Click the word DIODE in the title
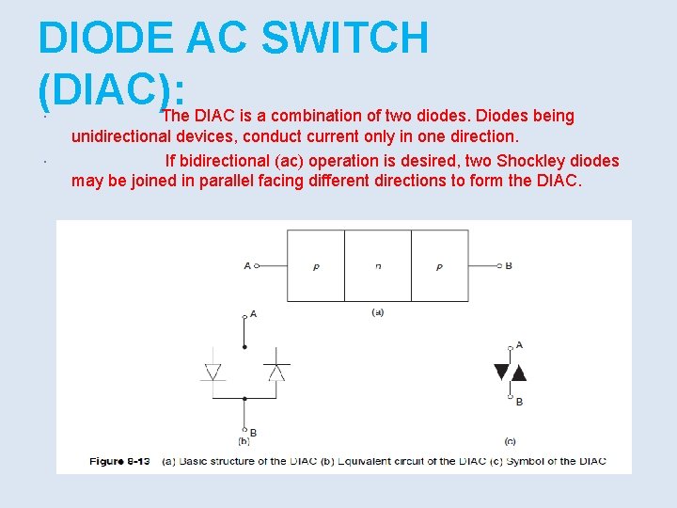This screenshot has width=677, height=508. pos(105,38)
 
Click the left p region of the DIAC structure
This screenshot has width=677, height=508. pos(316,266)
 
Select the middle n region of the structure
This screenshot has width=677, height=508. pos(378,266)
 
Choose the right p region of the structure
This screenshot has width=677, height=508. pos(439,266)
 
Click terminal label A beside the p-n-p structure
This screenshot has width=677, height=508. pos(247,266)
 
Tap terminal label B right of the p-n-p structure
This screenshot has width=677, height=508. pos(509,266)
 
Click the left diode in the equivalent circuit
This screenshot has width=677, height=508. pos(213,372)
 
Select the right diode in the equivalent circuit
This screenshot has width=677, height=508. pos(276,372)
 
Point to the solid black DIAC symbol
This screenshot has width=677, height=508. pos(511,372)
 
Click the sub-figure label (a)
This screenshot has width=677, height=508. pos(377,311)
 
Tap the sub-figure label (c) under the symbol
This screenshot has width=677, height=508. pos(510,440)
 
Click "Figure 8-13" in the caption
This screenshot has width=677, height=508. pos(119,461)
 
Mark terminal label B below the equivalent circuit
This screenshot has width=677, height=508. pos(253,433)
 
